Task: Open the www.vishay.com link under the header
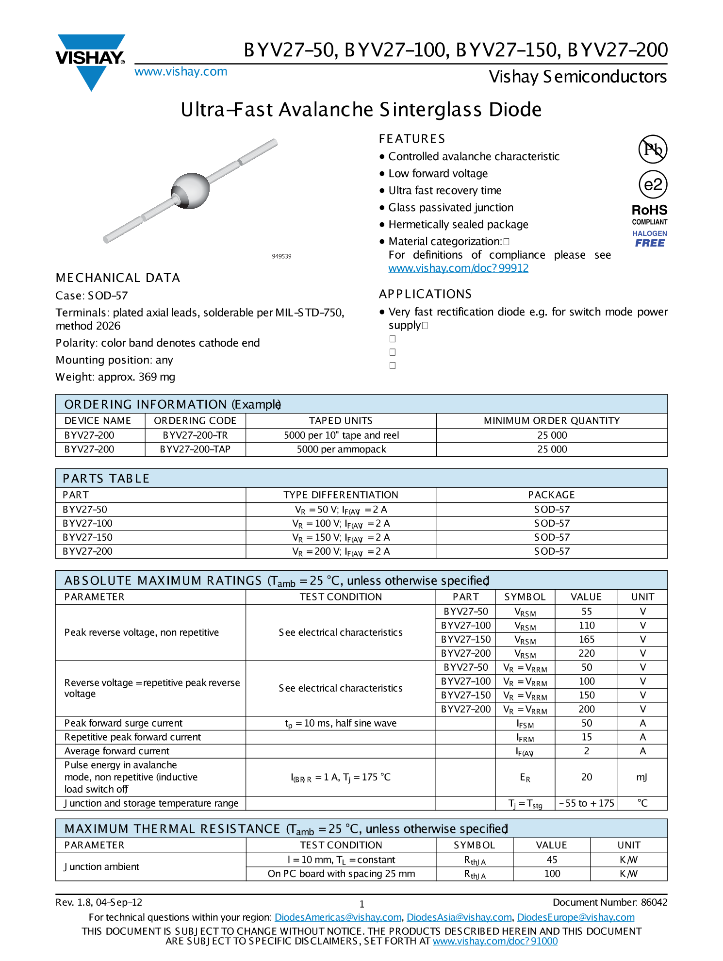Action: tap(181, 72)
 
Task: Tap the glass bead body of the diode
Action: tap(191, 190)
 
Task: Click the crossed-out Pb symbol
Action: tap(653, 149)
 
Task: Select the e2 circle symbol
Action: tap(653, 184)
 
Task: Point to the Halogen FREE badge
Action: tap(650, 239)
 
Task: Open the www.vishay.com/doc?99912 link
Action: tap(458, 268)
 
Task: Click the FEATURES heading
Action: tap(411, 139)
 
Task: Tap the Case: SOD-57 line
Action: tap(92, 296)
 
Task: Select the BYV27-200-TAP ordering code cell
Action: tap(195, 449)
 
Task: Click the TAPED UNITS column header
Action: tap(341, 421)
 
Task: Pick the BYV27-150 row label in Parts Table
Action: tap(88, 537)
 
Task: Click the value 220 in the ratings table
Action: tap(586, 653)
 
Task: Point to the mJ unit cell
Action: tap(642, 777)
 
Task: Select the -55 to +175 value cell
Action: tap(586, 803)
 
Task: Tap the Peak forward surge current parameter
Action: tap(123, 723)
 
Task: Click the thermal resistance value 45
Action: tap(552, 860)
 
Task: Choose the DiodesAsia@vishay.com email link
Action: tap(459, 917)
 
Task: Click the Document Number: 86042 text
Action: tap(610, 902)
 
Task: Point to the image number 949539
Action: tap(281, 256)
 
